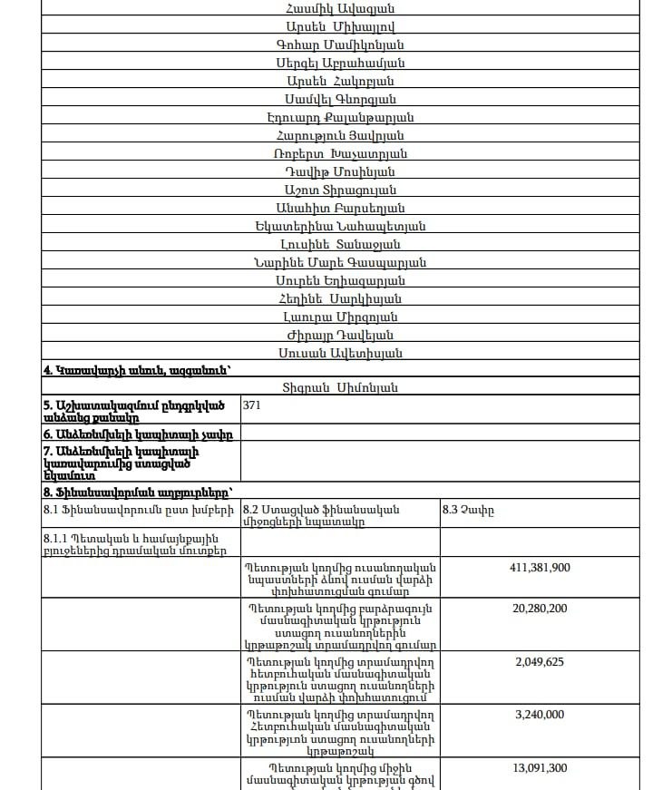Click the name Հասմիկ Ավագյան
pos(340,8)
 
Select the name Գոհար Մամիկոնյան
pos(340,44)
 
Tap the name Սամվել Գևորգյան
pos(340,99)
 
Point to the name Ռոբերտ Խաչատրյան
pos(340,153)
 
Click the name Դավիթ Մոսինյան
pos(340,171)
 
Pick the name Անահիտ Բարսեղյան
pos(340,208)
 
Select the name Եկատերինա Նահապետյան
pos(340,226)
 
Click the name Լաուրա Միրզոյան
pos(340,317)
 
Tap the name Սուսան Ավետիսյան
pos(340,353)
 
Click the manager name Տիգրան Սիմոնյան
pos(340,388)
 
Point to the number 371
pos(252,406)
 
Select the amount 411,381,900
pos(540,568)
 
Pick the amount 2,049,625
pos(540,661)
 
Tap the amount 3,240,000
pos(540,715)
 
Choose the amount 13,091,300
pos(540,768)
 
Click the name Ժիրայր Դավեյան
pos(340,335)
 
